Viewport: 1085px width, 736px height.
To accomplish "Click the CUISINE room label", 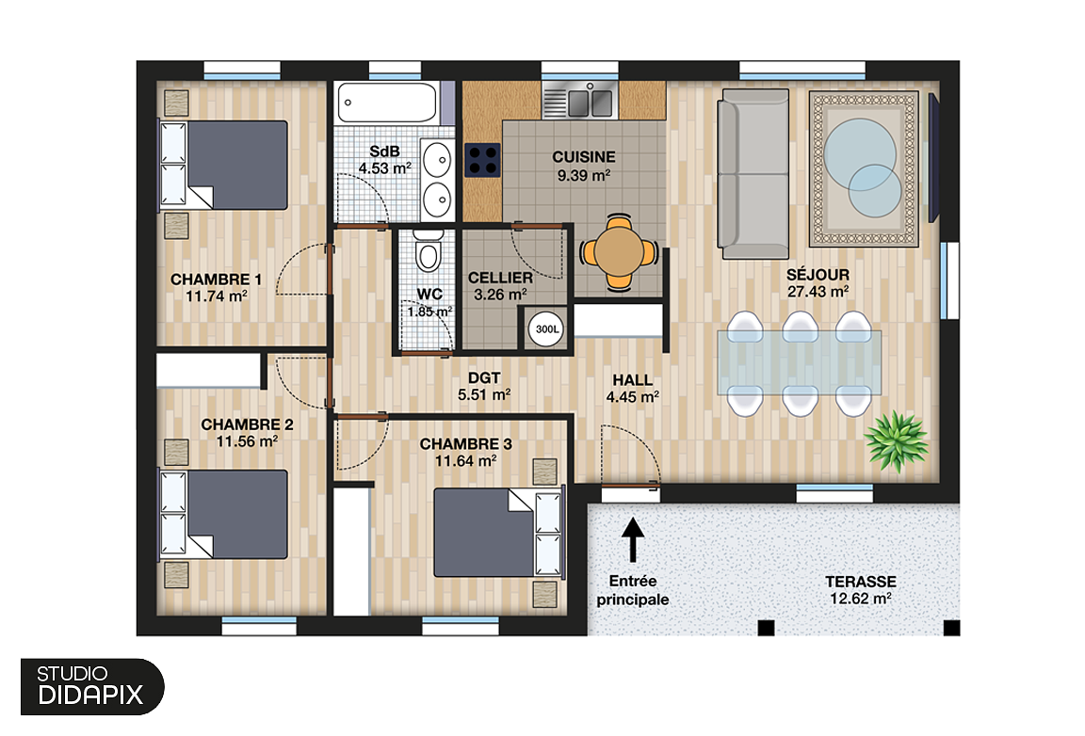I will point(583,157).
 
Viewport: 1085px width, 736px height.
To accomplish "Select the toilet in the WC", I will point(429,253).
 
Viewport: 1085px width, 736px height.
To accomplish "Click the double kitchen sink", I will point(578,100).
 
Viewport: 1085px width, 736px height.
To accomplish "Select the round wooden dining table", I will point(619,252).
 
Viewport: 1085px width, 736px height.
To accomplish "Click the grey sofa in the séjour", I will point(753,175).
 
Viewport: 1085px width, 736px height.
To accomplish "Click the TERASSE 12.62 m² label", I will point(860,589).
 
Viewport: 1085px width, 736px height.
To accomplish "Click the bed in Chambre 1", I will point(225,165).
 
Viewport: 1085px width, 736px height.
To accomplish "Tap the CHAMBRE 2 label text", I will point(247,425).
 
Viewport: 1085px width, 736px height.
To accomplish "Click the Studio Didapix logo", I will point(90,686).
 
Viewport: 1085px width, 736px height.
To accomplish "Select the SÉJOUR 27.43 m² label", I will point(818,282).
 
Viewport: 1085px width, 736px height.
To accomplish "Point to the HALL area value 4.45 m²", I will point(632,397).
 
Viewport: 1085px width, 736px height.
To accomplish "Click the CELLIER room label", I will point(500,279).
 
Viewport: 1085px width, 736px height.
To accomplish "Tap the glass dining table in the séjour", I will point(801,361).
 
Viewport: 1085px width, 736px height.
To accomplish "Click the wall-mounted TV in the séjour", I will point(934,160).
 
